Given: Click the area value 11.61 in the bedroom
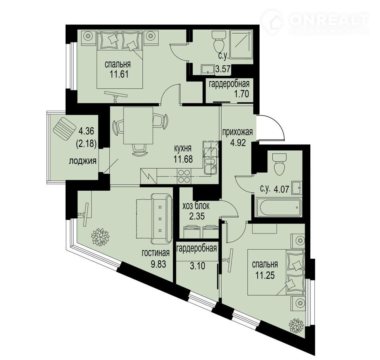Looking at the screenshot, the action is [x=119, y=74].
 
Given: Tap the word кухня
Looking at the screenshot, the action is [x=183, y=148].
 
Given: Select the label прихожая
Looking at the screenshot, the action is [x=237, y=132].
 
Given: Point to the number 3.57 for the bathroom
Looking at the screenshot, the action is [x=222, y=70].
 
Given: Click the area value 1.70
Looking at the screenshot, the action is [x=241, y=93].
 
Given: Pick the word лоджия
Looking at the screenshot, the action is [x=83, y=161].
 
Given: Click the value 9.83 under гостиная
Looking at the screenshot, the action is [x=158, y=264].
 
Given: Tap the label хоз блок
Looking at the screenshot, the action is [x=196, y=206].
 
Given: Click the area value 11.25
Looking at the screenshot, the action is [x=265, y=275].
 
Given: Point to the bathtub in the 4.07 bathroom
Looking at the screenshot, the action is [x=279, y=207].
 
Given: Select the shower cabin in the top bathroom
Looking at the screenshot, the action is [x=241, y=44].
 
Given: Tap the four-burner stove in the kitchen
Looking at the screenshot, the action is [x=184, y=176].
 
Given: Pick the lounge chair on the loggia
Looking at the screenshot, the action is [x=64, y=129].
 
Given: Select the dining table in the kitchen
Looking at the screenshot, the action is [x=138, y=125].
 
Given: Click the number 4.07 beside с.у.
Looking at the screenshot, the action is [x=282, y=189].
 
